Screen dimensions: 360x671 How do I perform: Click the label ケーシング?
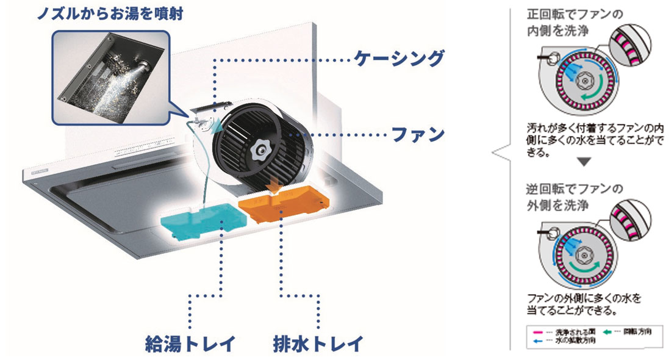398,59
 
